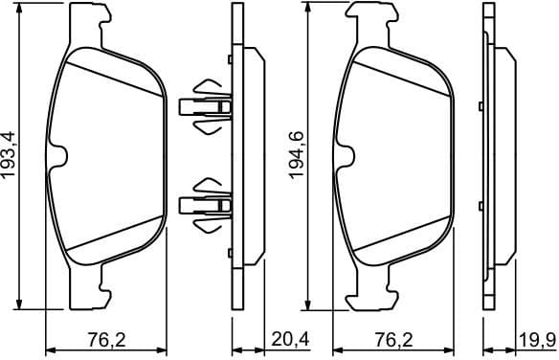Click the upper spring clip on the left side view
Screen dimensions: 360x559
coord(206,105)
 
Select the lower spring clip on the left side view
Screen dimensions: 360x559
coord(206,202)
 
